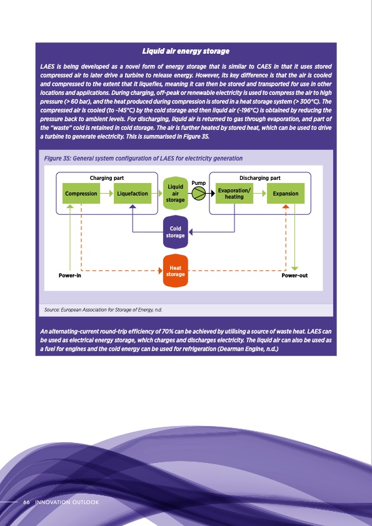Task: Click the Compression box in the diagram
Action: click(x=81, y=194)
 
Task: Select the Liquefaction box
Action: click(x=133, y=194)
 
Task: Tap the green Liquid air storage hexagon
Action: click(x=176, y=193)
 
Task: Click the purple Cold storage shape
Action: click(x=176, y=232)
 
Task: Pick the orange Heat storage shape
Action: click(x=176, y=271)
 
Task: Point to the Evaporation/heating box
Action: click(x=234, y=194)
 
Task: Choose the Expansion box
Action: click(x=286, y=194)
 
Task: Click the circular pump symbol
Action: click(x=198, y=194)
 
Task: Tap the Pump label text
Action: click(x=198, y=182)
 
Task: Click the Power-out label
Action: click(x=294, y=275)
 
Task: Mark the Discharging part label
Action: click(x=260, y=178)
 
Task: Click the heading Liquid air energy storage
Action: click(x=186, y=51)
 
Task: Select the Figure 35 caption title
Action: click(x=143, y=159)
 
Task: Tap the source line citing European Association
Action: click(x=103, y=309)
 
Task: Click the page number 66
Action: click(x=27, y=502)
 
